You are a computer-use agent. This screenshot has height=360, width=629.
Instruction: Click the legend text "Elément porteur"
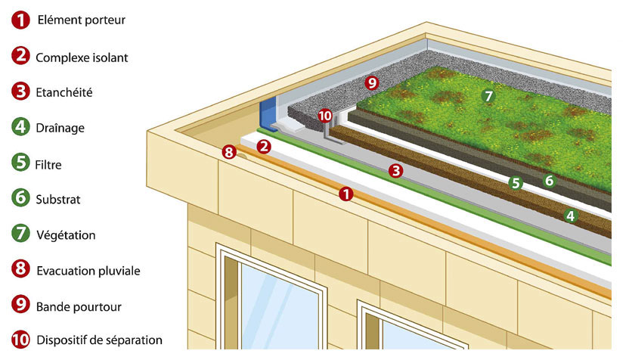click(81, 20)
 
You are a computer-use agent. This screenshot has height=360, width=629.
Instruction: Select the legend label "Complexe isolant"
click(82, 57)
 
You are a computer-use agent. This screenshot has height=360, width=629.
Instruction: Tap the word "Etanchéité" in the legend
click(64, 92)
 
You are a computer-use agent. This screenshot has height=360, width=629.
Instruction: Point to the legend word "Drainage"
click(60, 128)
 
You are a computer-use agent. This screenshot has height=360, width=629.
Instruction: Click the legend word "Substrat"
click(57, 200)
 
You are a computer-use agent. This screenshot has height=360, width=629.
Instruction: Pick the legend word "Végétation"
click(65, 234)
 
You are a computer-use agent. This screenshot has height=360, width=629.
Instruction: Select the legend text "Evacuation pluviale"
click(88, 270)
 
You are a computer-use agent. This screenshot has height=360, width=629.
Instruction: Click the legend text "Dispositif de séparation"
click(98, 340)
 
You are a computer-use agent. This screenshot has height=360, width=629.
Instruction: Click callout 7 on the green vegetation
click(488, 96)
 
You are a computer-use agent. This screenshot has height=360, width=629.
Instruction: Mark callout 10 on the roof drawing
click(325, 116)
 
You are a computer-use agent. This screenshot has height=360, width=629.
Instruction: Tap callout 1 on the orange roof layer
click(346, 194)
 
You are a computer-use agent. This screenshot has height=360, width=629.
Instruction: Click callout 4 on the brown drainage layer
click(571, 216)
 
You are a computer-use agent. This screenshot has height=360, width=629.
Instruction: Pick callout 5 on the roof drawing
click(516, 182)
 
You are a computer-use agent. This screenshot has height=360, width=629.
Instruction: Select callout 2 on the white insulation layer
click(264, 146)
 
